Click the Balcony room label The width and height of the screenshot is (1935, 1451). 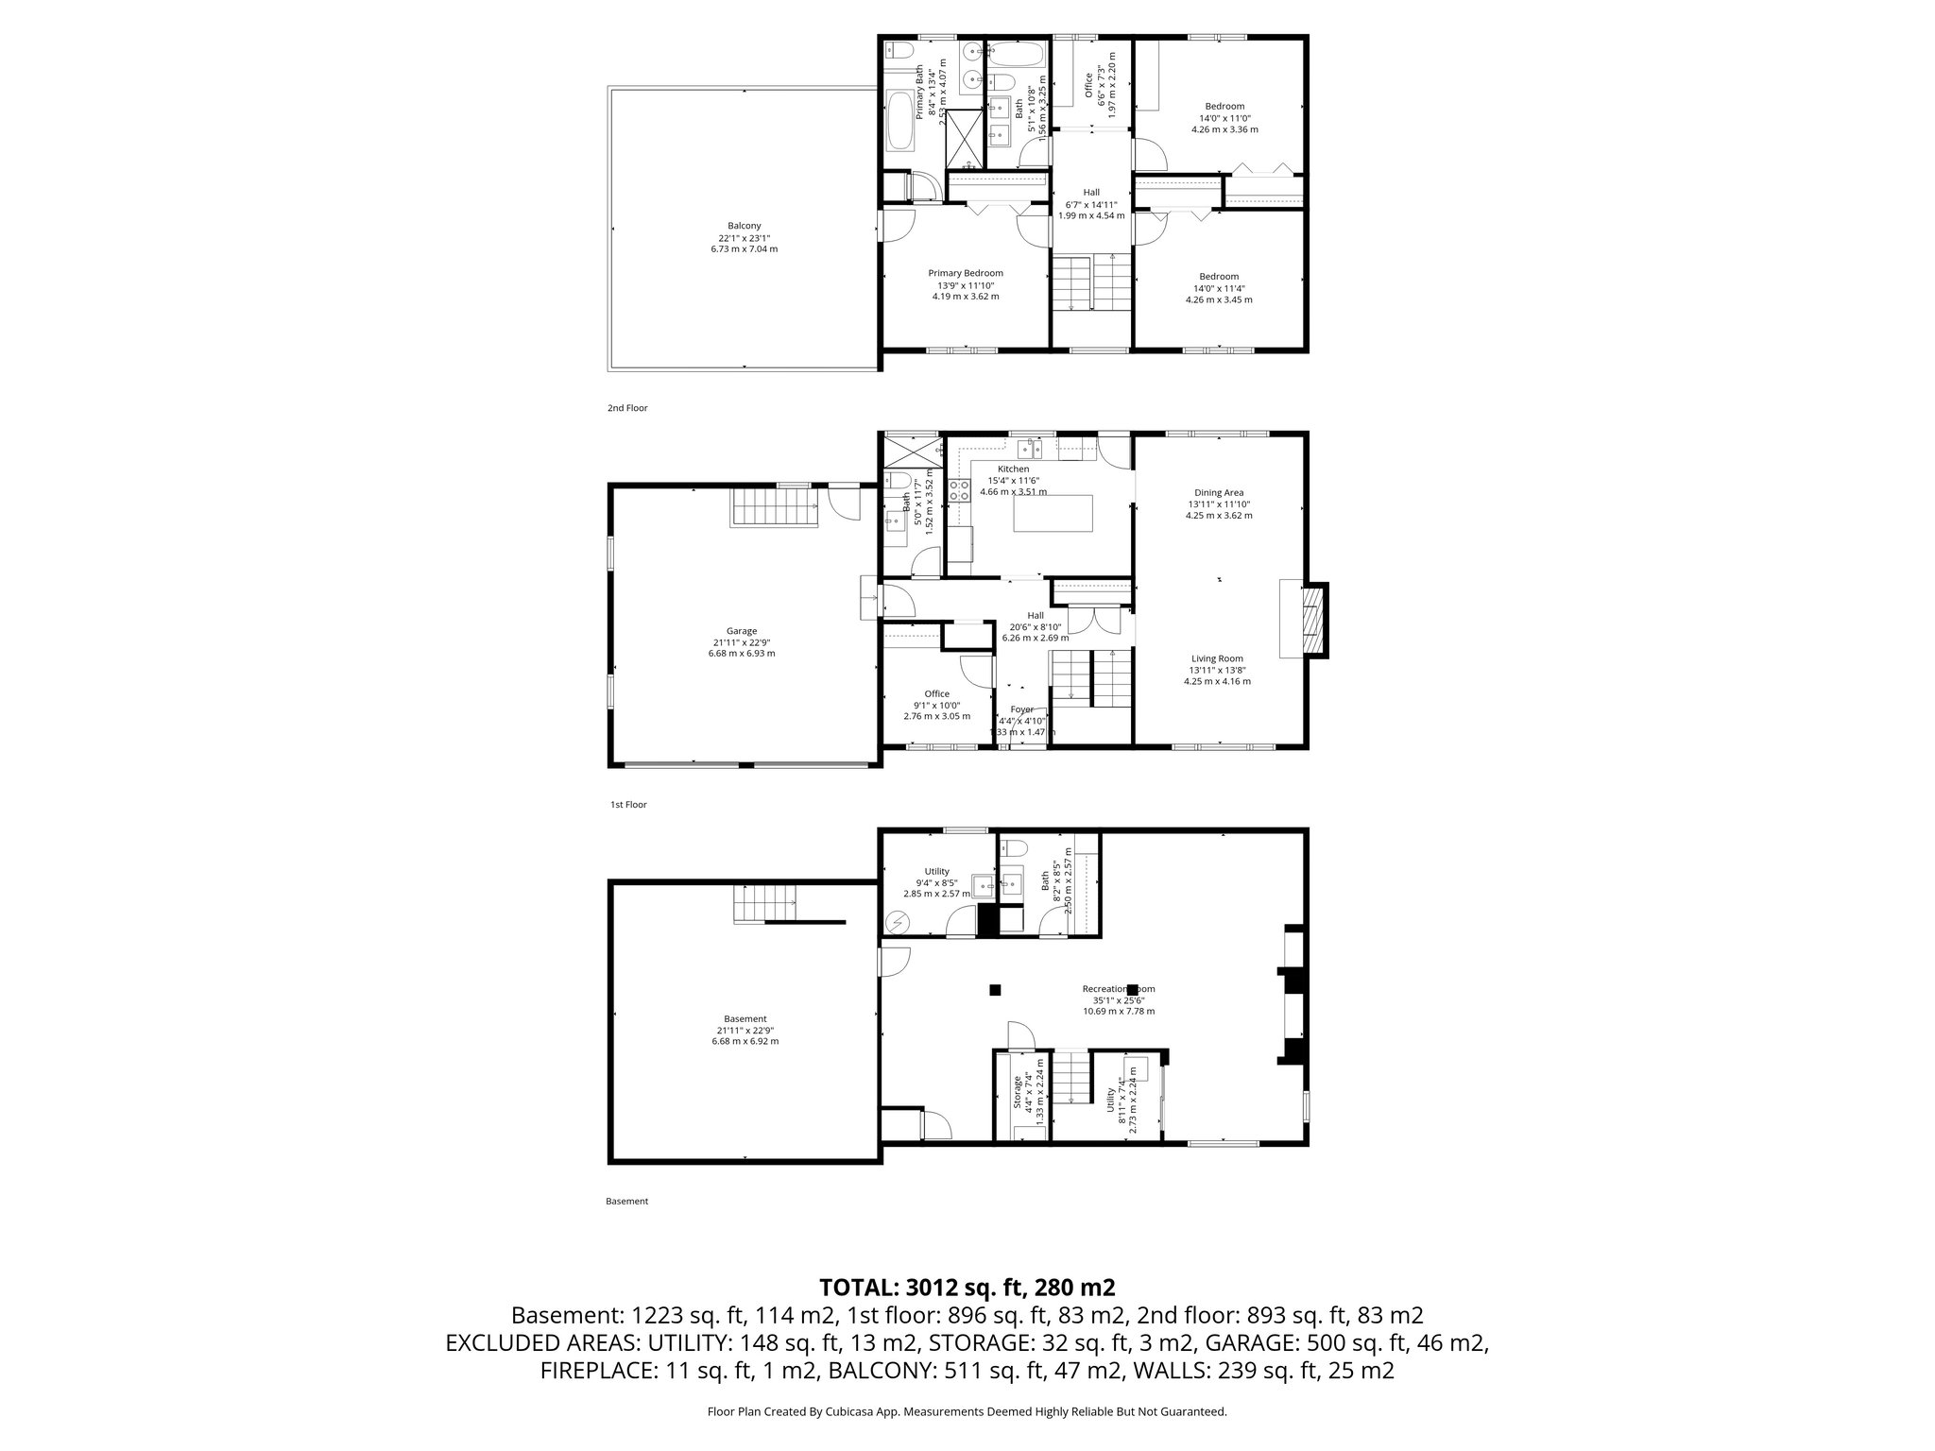(x=744, y=226)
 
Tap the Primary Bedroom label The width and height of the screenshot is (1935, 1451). (x=965, y=273)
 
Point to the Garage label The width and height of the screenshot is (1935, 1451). (x=741, y=631)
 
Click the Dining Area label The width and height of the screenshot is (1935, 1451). (x=1219, y=492)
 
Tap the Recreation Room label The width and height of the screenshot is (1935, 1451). (x=1119, y=989)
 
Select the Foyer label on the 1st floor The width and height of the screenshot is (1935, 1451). (x=1021, y=709)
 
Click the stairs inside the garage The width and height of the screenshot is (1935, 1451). (x=773, y=508)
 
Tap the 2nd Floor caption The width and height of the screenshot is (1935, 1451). (x=627, y=408)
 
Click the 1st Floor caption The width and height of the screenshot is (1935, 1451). (x=627, y=805)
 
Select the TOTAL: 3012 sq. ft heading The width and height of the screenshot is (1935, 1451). (x=967, y=1287)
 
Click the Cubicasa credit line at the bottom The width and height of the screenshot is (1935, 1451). (x=967, y=1411)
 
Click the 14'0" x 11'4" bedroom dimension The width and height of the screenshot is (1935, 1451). (x=1219, y=289)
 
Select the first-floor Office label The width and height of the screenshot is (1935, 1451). (x=936, y=693)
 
